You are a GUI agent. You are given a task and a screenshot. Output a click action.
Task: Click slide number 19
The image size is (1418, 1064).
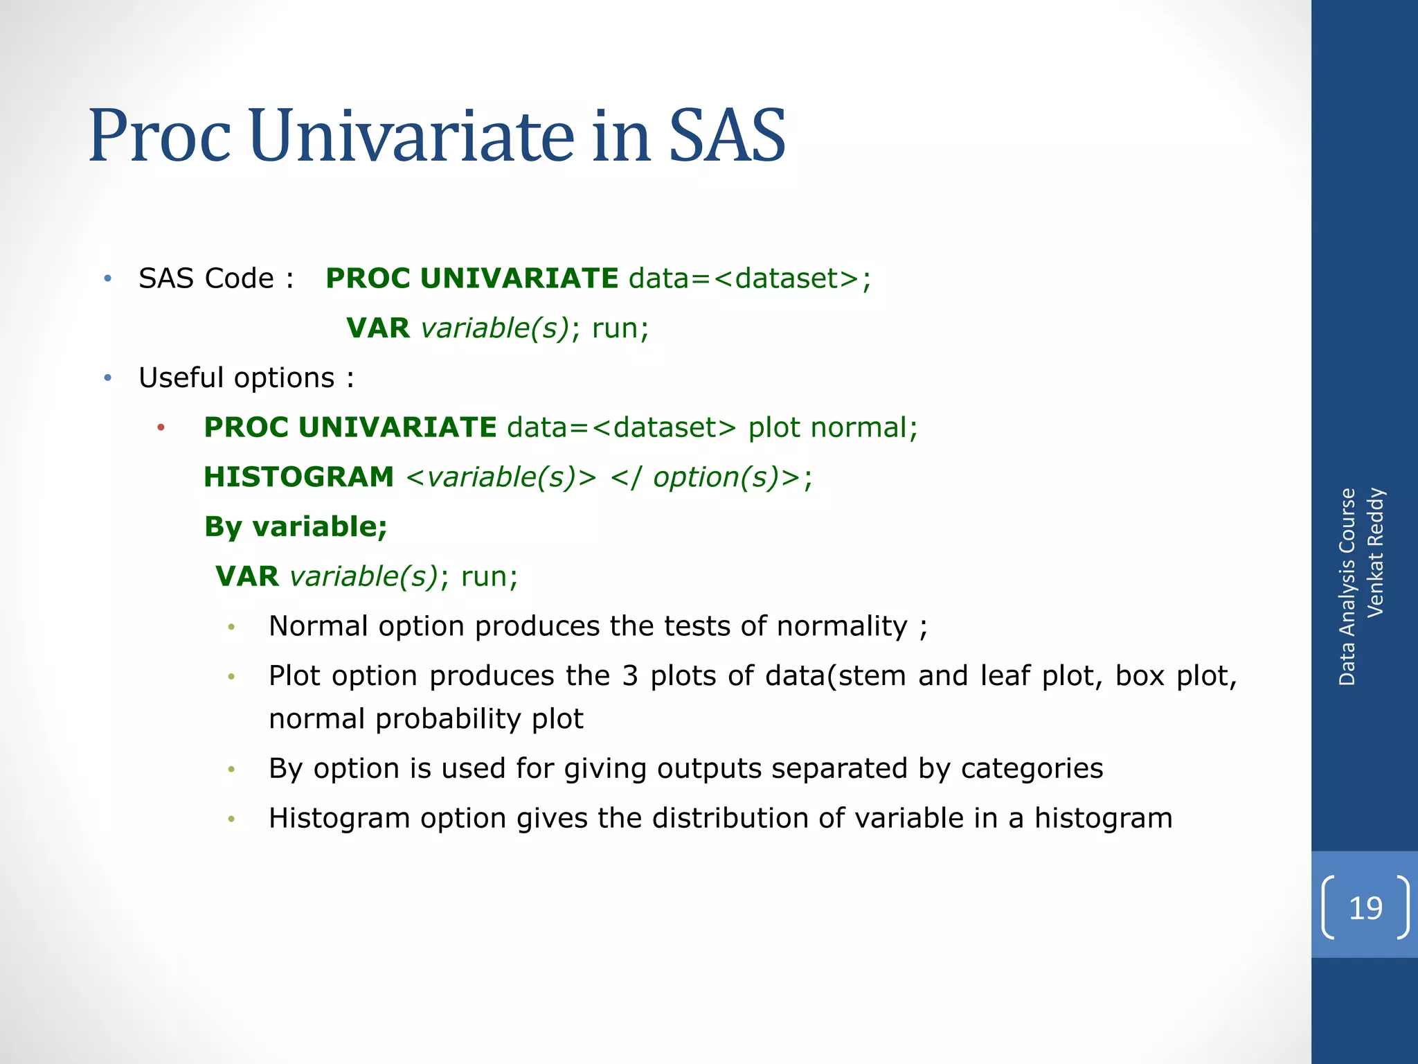(x=1365, y=907)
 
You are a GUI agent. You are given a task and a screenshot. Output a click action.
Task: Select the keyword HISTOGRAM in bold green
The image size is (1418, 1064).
(x=298, y=477)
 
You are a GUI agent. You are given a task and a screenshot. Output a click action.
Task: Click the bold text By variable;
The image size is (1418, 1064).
(x=296, y=527)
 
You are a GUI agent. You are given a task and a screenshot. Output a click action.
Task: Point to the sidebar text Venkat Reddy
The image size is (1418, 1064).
(x=1375, y=553)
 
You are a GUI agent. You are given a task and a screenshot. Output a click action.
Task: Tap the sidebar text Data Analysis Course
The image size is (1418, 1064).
(x=1347, y=587)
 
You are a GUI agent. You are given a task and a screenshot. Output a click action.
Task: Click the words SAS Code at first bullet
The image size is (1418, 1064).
(x=206, y=278)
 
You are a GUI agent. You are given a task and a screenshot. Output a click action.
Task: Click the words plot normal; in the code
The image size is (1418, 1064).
(x=833, y=427)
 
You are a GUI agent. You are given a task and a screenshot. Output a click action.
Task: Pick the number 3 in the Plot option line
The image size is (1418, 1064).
(x=629, y=676)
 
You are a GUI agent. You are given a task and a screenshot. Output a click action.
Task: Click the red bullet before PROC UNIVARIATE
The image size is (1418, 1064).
(x=161, y=428)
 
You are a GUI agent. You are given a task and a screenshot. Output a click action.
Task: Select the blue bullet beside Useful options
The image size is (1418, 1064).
(x=107, y=378)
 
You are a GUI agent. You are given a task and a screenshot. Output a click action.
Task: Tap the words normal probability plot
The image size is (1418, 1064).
(x=426, y=719)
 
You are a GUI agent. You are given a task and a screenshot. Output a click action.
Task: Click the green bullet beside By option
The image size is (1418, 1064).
(x=232, y=770)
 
